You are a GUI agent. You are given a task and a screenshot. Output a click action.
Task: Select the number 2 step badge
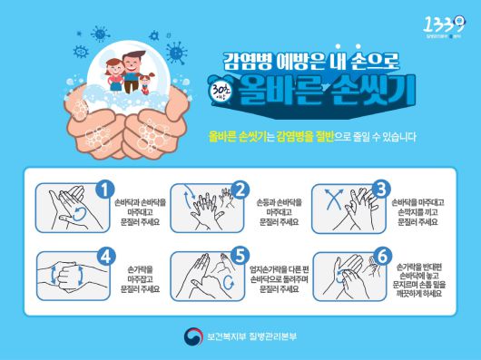(x=240, y=190)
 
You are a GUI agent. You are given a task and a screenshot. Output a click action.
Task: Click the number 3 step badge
(x=381, y=190)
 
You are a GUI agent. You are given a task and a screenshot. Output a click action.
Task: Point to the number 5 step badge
(x=240, y=256)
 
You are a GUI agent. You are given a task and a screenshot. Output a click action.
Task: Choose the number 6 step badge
(x=381, y=256)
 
